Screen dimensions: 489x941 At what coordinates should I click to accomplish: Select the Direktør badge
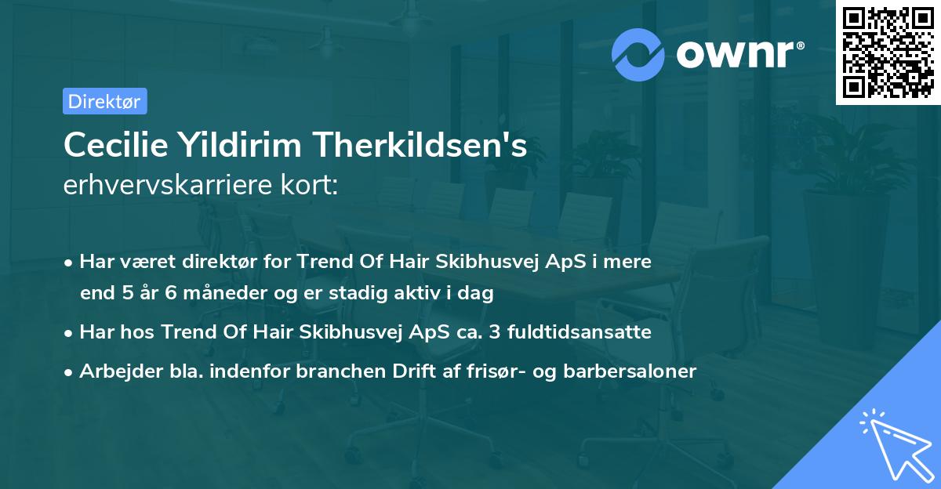pyautogui.click(x=104, y=101)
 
